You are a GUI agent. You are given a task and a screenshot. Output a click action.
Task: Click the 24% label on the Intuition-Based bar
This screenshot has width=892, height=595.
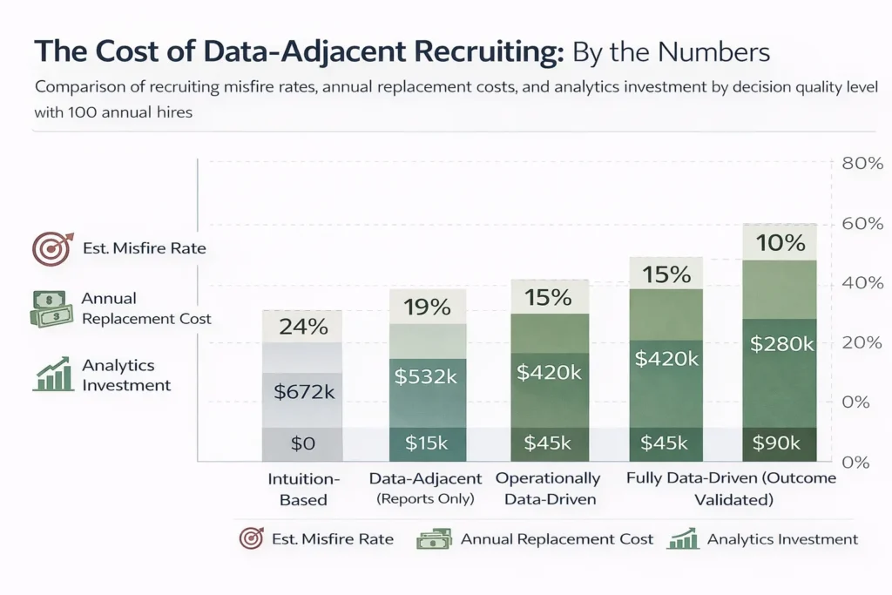302,328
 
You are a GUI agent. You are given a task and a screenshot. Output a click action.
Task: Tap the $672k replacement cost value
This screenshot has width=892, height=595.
302,391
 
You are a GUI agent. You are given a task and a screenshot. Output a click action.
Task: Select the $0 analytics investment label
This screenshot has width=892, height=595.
302,443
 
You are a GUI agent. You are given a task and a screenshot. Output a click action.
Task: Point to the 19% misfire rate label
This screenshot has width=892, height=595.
427,307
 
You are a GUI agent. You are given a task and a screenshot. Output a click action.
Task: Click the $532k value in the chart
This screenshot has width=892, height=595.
427,375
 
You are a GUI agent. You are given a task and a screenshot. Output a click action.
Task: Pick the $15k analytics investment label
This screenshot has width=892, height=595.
427,443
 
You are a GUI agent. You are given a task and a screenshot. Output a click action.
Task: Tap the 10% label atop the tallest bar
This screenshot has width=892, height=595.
780,243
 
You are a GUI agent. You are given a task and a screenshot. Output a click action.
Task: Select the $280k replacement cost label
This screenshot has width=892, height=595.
780,344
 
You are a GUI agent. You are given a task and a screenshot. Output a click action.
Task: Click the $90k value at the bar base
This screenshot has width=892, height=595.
777,443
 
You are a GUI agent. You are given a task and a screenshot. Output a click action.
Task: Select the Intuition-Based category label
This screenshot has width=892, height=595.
303,489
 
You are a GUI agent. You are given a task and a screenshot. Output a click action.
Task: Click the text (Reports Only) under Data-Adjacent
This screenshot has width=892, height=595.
426,498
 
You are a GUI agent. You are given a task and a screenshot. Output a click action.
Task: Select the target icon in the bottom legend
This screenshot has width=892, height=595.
251,539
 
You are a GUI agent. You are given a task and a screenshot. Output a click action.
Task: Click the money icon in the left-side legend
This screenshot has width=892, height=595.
51,309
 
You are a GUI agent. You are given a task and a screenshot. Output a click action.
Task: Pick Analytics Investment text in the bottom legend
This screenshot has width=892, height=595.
782,539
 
